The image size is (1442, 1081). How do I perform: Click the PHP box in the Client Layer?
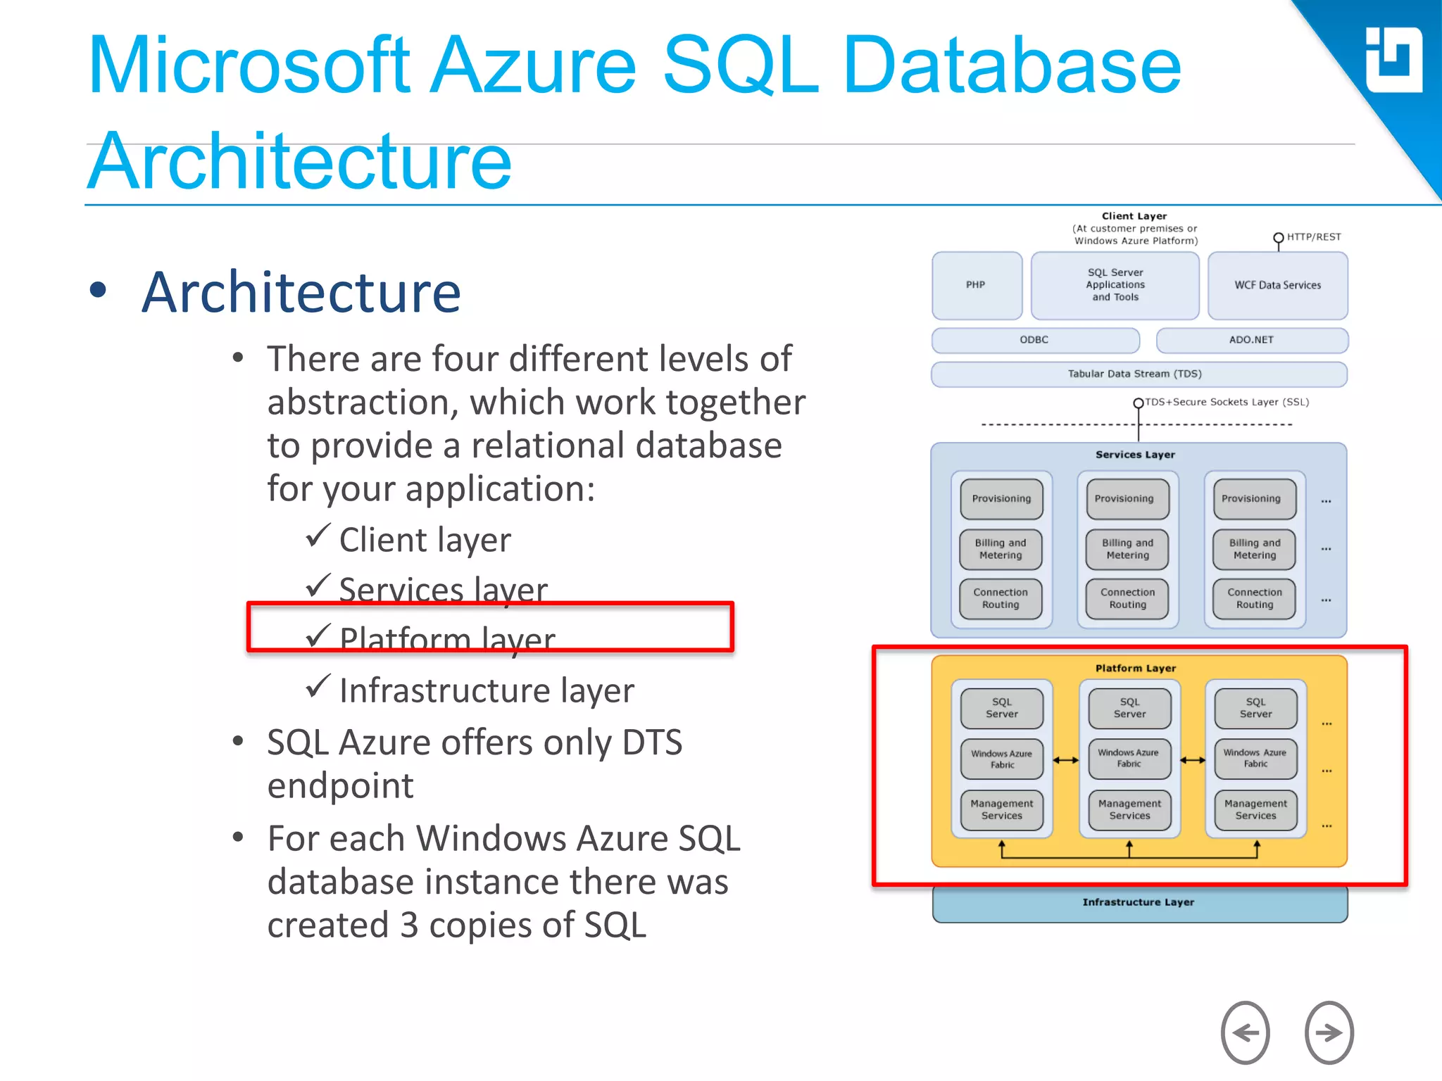point(977,285)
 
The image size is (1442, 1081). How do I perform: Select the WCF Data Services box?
point(1277,285)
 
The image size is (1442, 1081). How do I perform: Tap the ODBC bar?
point(1034,340)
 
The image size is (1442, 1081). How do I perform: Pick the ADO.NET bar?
point(1251,340)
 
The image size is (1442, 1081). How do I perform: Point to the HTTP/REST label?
point(1313,237)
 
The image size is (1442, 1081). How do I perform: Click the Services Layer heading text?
point(1134,455)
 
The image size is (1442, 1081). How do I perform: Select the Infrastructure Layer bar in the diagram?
point(1139,903)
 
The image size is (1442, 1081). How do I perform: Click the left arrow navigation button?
point(1245,1032)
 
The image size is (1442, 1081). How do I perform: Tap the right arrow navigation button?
point(1329,1032)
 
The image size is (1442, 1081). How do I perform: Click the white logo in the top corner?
point(1393,61)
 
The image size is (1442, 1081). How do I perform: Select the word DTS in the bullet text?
point(652,742)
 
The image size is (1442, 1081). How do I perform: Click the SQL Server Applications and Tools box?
point(1115,285)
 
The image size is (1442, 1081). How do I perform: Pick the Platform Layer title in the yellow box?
point(1135,668)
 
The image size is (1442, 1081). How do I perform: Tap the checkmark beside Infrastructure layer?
point(318,686)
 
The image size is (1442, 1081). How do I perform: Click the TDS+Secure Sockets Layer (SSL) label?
point(1227,402)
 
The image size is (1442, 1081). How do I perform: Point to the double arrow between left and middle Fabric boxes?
point(1065,760)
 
